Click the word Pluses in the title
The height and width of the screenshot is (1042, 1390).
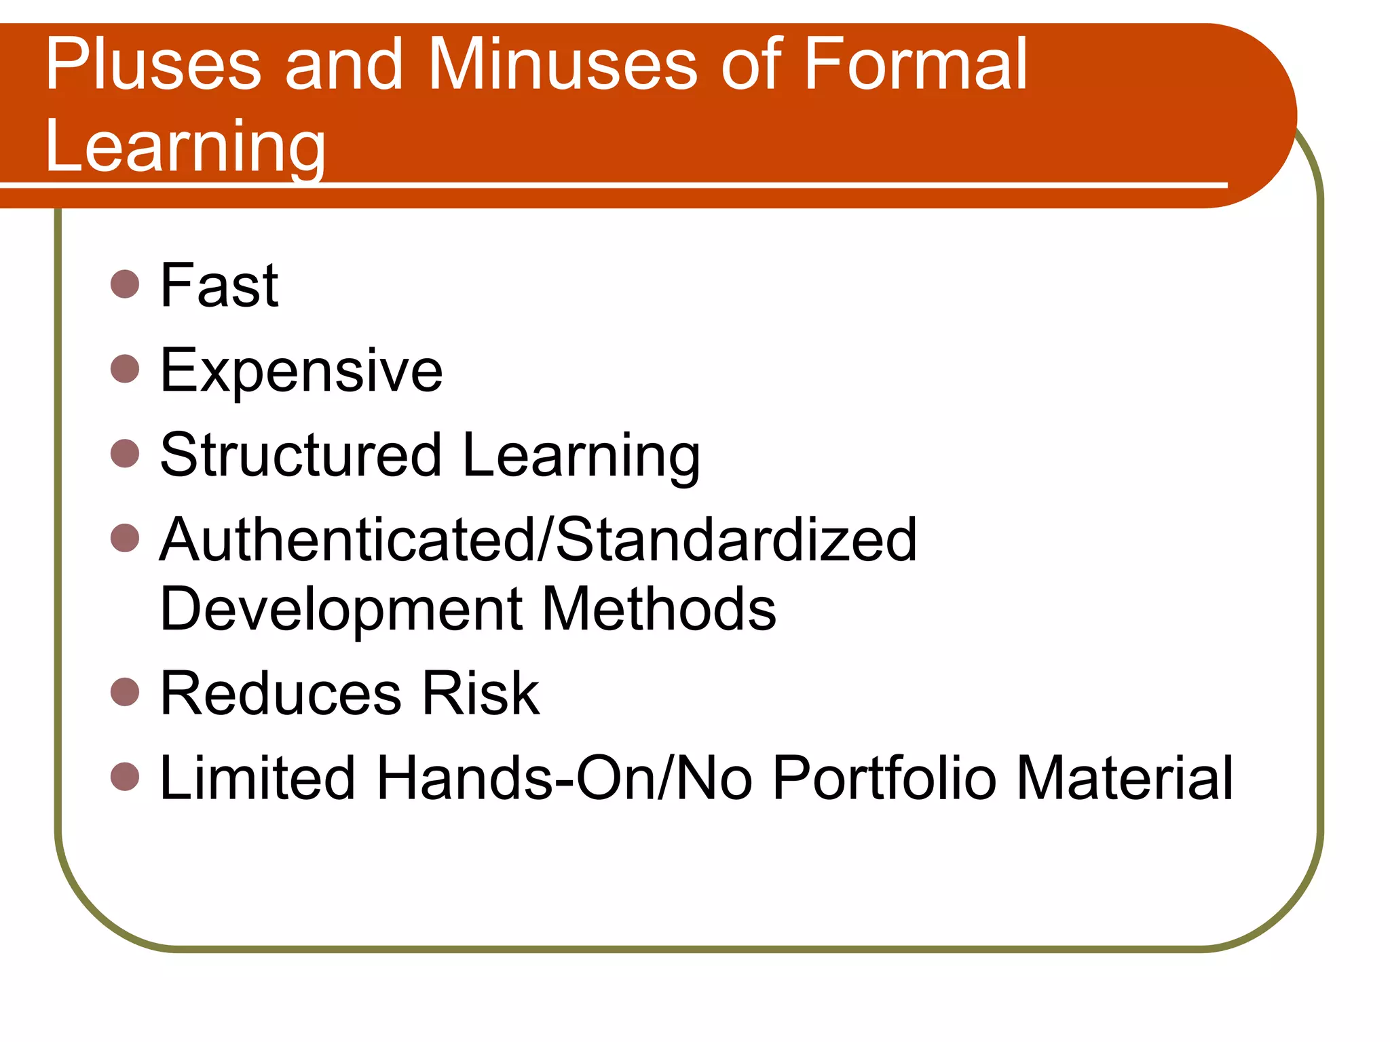tap(153, 65)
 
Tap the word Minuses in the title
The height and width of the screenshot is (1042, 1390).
tap(563, 65)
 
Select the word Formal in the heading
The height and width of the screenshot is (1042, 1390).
tap(916, 65)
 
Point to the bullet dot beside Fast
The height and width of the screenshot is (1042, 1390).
tap(125, 284)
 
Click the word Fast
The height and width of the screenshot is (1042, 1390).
tap(219, 286)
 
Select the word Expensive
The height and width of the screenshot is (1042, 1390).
tap(301, 371)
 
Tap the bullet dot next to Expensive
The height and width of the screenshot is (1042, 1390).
tap(125, 369)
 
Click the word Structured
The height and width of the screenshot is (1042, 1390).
tap(301, 455)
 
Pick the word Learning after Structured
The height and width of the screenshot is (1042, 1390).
tap(581, 457)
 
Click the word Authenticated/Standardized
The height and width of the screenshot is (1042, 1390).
tap(538, 540)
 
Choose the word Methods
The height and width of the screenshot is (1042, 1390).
tap(659, 609)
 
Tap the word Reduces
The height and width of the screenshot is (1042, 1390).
tap(282, 693)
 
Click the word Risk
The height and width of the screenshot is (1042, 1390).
tap(481, 693)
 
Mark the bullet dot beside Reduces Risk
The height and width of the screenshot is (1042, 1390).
tap(125, 692)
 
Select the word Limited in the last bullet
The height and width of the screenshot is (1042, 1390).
tap(257, 778)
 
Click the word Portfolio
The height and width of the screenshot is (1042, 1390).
tap(885, 778)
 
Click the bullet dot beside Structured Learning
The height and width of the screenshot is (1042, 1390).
tap(125, 453)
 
